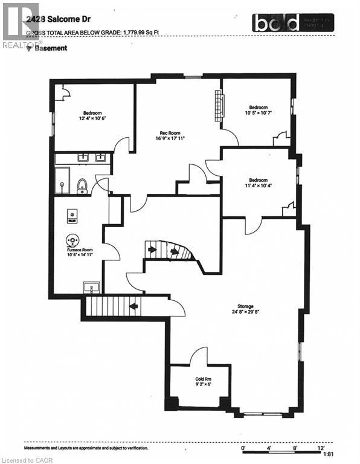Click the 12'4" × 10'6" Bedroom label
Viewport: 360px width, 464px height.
pyautogui.click(x=92, y=115)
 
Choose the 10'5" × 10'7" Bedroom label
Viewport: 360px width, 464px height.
pyautogui.click(x=259, y=109)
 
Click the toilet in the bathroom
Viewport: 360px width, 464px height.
pyautogui.click(x=83, y=185)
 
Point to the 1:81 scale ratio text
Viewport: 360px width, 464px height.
pyautogui.click(x=329, y=454)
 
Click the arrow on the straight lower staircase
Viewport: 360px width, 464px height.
pyautogui.click(x=133, y=306)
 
